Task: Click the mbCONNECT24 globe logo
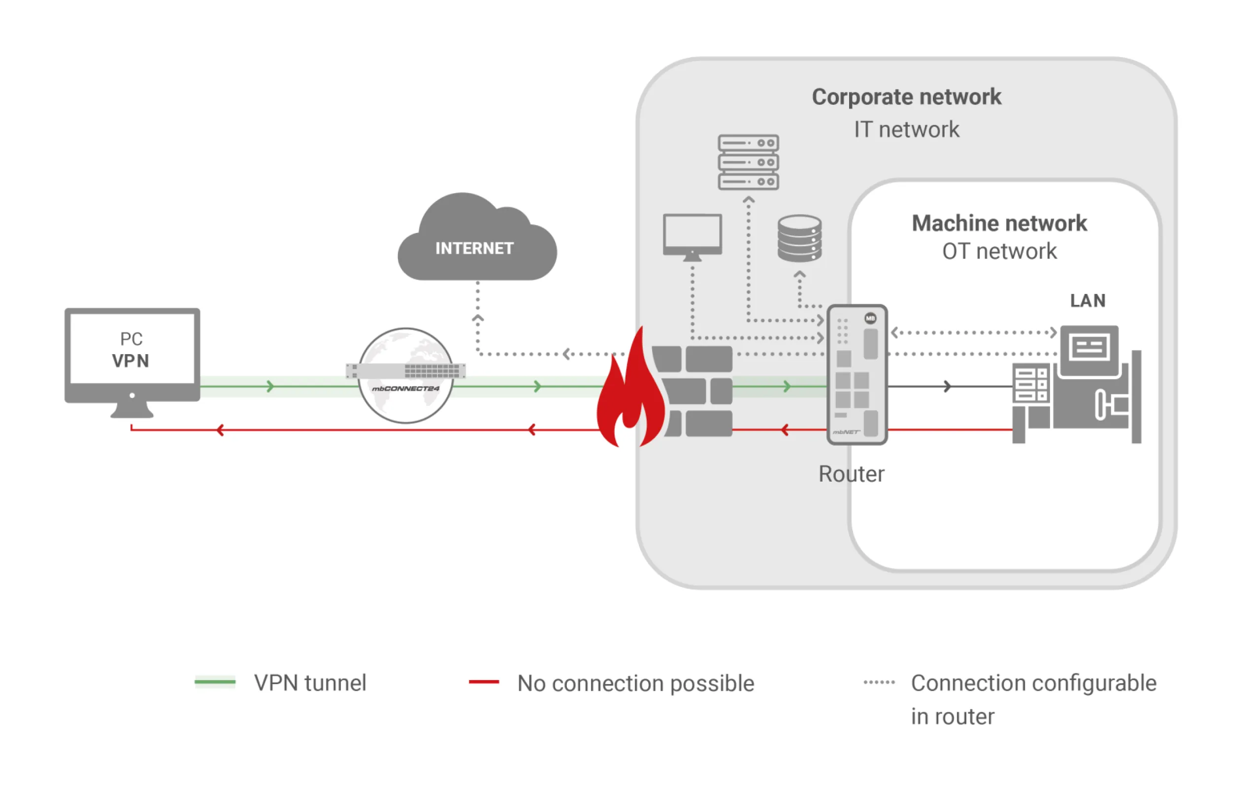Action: pos(406,375)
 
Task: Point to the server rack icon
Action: pos(748,162)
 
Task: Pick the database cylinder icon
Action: pos(799,238)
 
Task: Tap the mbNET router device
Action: pos(856,374)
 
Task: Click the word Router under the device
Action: pos(851,474)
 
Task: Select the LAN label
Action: pos(1087,301)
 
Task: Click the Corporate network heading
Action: pos(906,97)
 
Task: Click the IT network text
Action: pos(906,130)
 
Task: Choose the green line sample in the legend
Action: pos(215,682)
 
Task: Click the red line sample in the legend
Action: pos(484,682)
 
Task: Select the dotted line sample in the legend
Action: pos(879,682)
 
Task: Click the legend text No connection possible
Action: pos(635,683)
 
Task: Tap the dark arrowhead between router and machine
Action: pos(947,386)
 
